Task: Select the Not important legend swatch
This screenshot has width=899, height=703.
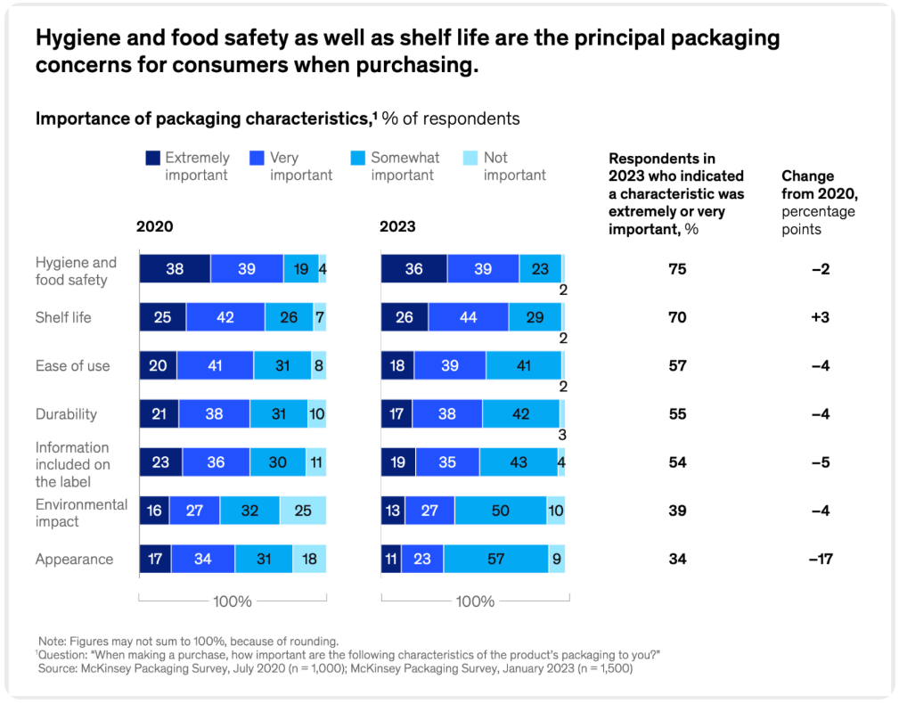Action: pos(471,158)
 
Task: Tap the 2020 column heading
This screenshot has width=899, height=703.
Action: pos(154,226)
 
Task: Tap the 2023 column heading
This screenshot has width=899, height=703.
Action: pos(397,226)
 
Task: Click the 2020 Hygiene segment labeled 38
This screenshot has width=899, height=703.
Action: pos(175,268)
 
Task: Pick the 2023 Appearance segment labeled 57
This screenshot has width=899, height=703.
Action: pos(495,559)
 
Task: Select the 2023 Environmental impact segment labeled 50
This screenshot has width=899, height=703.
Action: pos(500,511)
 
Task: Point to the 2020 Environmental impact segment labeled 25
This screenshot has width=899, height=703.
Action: pos(303,511)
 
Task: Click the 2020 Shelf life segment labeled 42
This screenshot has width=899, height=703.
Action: pos(225,317)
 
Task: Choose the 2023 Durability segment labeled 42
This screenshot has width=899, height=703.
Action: pos(520,413)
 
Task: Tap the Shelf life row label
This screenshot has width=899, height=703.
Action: pos(63,317)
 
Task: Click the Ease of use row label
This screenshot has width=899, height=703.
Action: pos(72,365)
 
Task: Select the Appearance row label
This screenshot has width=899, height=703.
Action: pos(74,560)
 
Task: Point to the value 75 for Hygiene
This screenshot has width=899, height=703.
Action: pos(677,269)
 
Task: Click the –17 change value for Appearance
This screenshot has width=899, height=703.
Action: pos(820,560)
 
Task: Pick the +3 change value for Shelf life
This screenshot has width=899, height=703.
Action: pos(821,317)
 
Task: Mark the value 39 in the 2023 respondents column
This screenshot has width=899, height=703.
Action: pos(677,511)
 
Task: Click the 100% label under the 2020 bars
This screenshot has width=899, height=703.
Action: pos(232,601)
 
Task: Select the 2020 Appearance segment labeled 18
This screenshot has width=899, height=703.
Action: pos(309,559)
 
